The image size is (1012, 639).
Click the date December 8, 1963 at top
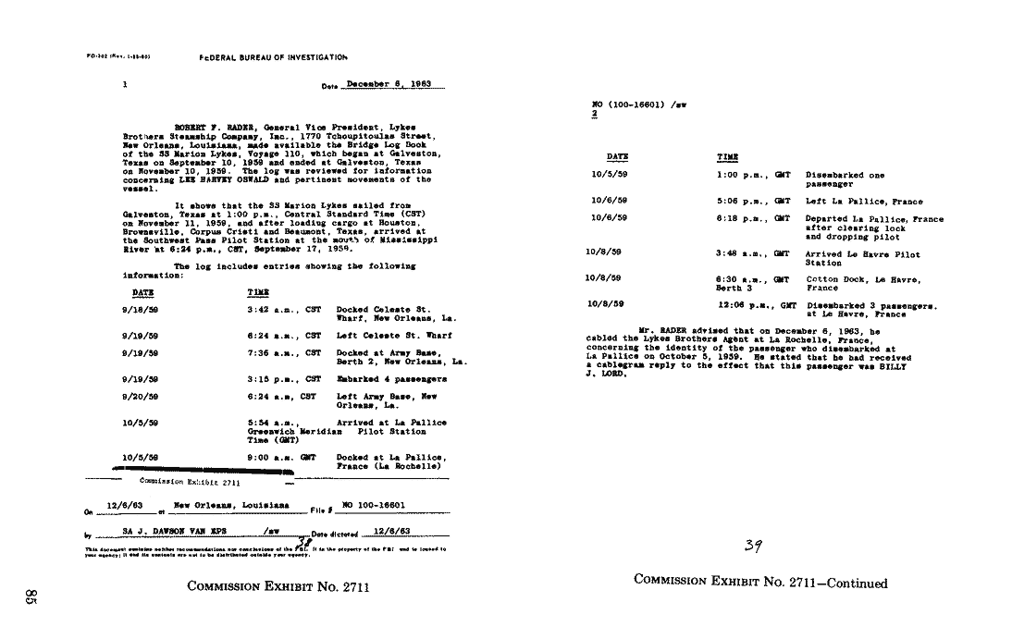388,84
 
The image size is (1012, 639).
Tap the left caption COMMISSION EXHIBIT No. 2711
278,585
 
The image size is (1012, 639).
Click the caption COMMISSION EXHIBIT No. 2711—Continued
760,583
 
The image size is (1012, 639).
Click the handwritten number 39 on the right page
753,546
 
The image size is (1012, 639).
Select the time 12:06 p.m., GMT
757,304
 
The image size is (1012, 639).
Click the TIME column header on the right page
728,158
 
